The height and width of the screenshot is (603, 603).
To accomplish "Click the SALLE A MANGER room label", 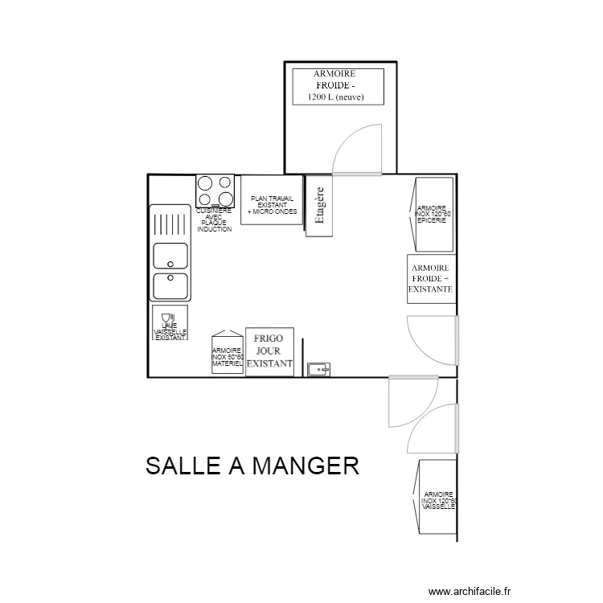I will click(252, 466).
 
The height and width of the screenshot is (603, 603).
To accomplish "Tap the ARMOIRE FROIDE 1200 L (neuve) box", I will click(338, 86).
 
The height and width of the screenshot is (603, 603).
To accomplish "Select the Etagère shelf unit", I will click(319, 207).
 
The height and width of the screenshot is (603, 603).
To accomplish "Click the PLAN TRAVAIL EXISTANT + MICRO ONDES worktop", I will click(272, 200).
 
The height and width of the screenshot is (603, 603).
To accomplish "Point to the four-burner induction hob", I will click(215, 191).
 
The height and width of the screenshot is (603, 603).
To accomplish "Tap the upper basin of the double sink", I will click(170, 255).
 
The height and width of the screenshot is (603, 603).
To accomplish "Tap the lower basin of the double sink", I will click(170, 285).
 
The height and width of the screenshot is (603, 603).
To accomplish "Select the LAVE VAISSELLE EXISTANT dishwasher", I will click(170, 323).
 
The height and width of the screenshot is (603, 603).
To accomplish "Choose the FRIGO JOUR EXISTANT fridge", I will click(269, 351).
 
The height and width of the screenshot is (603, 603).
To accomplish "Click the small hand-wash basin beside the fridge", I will click(319, 370).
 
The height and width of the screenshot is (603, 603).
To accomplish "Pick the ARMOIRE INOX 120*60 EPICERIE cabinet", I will click(434, 214).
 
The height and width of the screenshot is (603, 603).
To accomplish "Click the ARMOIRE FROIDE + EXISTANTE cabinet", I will click(431, 279).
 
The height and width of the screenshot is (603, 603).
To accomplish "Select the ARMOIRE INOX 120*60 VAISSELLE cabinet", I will click(437, 498).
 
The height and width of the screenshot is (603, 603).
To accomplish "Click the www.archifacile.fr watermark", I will click(470, 591).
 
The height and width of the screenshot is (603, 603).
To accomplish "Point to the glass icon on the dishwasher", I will click(166, 317).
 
